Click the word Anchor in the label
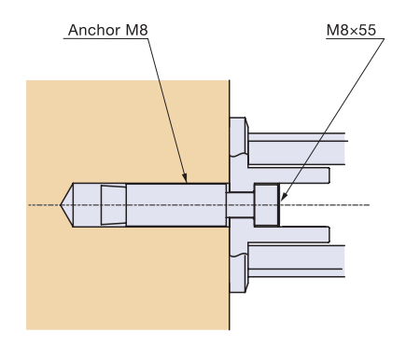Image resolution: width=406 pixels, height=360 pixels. pos(94,30)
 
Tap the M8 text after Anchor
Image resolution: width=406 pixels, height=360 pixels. pos(136,30)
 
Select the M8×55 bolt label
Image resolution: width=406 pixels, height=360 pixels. pos(351,30)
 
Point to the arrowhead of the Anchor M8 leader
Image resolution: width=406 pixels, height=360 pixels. pos(185,178)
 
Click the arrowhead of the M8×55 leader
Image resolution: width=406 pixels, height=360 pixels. pos(284,196)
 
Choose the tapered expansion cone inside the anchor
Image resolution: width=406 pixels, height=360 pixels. pos(114,205)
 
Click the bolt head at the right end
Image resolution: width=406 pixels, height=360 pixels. pos(267,205)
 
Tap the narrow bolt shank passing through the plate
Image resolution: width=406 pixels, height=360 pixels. pos(240,205)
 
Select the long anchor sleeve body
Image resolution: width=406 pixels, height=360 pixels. pos(176,205)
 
